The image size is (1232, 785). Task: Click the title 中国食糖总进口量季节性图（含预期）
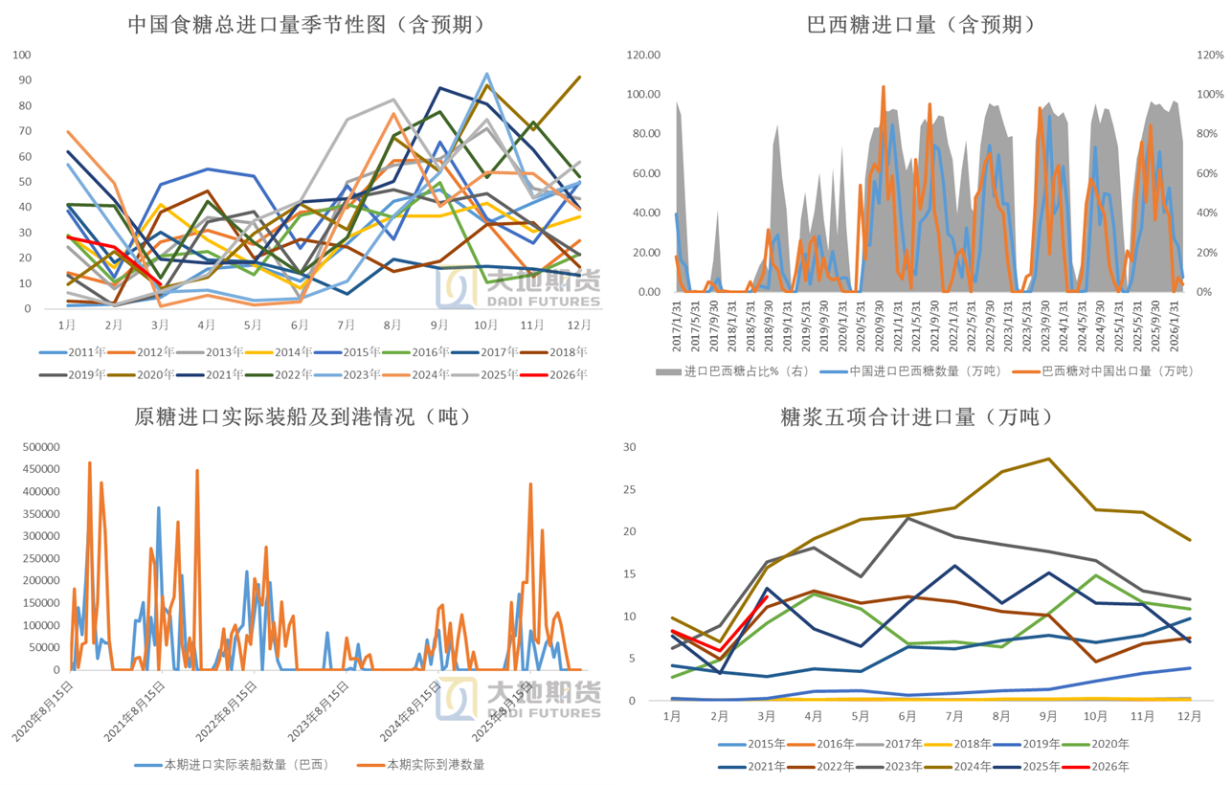(x=306, y=25)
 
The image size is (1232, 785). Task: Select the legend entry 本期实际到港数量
(x=435, y=764)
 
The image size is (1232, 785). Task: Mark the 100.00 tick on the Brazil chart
(x=643, y=95)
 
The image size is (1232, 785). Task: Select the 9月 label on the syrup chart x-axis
(x=1049, y=715)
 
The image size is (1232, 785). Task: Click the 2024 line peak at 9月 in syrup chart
(x=1049, y=459)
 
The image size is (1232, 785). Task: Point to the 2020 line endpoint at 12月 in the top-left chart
(x=580, y=77)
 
